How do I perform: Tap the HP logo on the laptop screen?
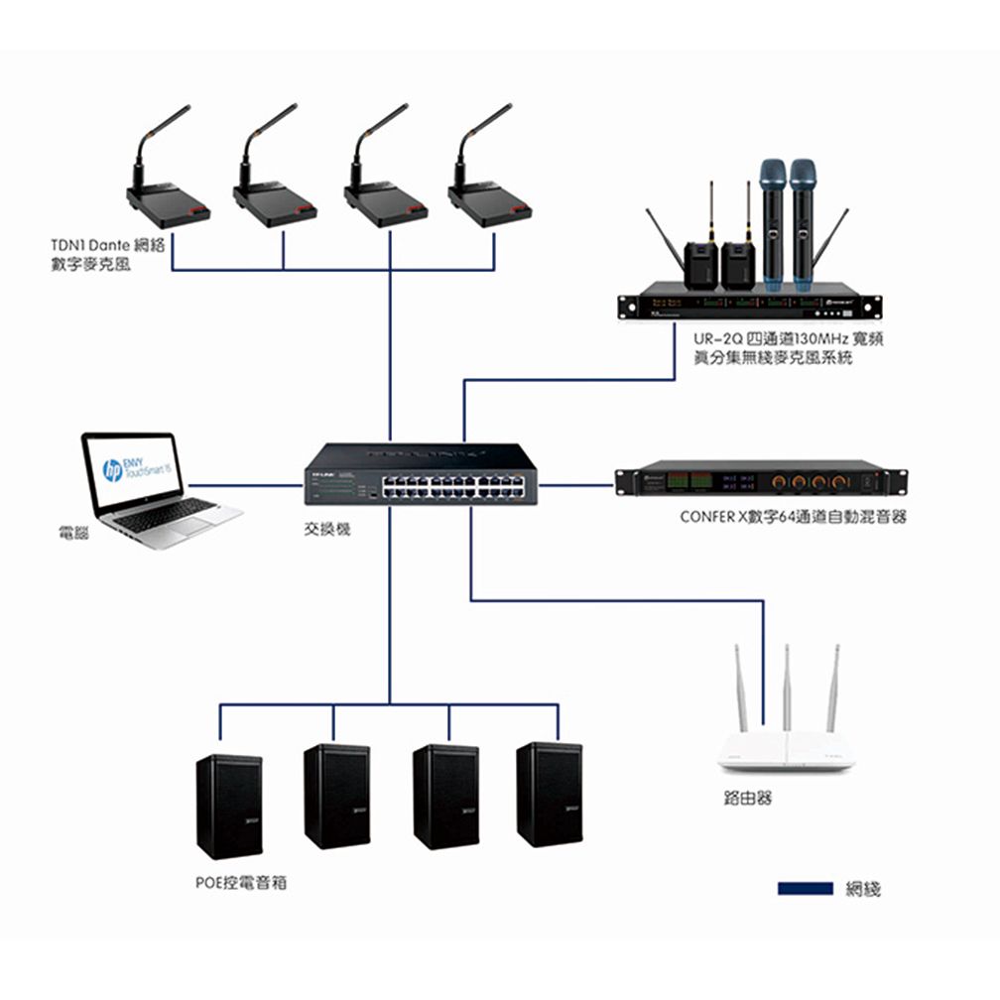(112, 470)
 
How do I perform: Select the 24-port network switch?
(421, 473)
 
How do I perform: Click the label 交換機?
(327, 531)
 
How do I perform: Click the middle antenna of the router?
(786, 689)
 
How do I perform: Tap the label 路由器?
(748, 799)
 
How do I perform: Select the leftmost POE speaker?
(229, 806)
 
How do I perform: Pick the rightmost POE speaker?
(550, 794)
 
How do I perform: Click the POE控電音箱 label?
(241, 881)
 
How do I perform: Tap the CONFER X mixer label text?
(793, 517)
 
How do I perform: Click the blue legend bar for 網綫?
(805, 888)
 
